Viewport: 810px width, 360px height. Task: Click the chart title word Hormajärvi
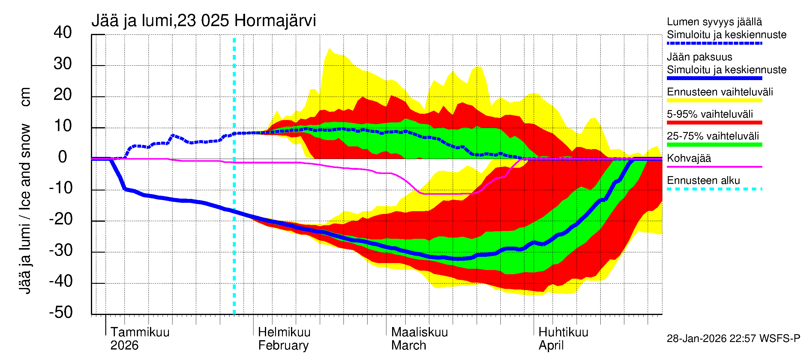275,21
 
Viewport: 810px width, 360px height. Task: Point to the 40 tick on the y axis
63,32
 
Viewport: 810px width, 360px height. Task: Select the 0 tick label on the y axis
63,157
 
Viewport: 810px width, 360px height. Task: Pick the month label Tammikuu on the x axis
140,332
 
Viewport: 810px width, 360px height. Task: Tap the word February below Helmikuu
283,345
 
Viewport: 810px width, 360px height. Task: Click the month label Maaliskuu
419,332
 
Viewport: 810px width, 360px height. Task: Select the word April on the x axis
551,345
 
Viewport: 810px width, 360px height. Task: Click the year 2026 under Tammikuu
124,345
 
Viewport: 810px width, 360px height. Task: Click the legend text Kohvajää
688,158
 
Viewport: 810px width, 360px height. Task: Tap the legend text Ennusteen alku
703,181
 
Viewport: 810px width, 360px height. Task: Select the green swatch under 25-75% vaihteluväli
714,145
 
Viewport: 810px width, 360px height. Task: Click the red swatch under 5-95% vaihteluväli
714,123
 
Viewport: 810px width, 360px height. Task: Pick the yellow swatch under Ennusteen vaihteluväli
714,100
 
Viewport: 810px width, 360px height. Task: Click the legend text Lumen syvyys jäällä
714,22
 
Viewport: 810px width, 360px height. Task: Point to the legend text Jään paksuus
699,57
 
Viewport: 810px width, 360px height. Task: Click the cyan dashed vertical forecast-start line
234,220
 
